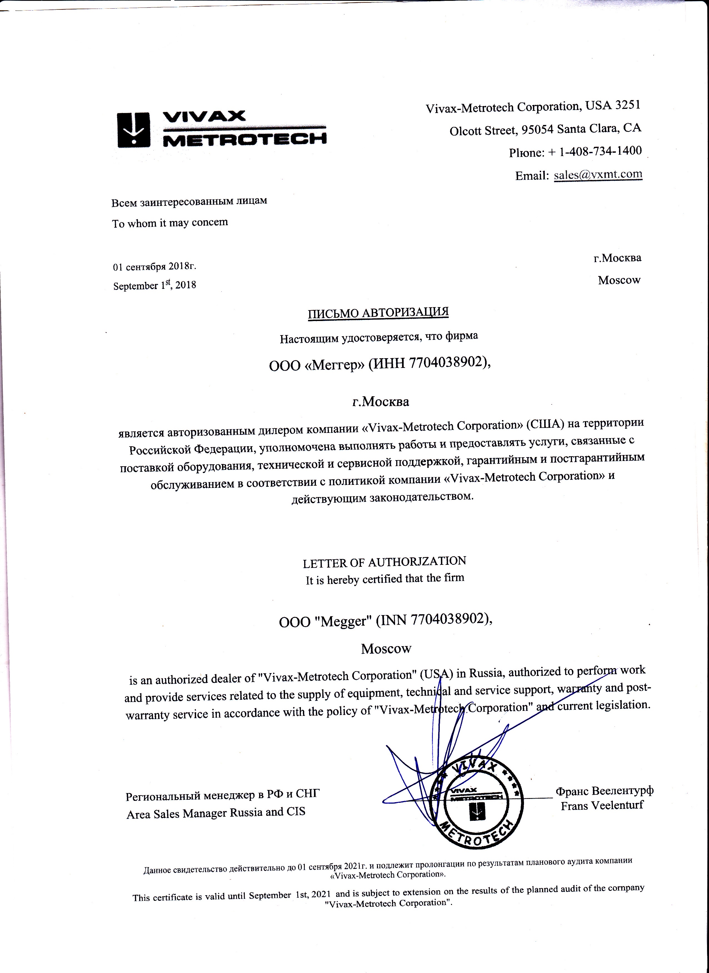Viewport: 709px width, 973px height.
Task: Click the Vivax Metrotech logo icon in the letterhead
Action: pyautogui.click(x=133, y=130)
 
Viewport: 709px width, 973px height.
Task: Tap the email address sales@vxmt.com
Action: pyautogui.click(x=598, y=175)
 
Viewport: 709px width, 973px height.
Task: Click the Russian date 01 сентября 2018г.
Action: pyautogui.click(x=154, y=266)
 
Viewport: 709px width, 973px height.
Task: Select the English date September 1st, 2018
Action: pyautogui.click(x=154, y=285)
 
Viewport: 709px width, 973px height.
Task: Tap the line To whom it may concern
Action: pyautogui.click(x=170, y=223)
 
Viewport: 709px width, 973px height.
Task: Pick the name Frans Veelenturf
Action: pyautogui.click(x=602, y=805)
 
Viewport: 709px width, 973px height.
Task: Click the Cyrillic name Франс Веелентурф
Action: pyautogui.click(x=604, y=790)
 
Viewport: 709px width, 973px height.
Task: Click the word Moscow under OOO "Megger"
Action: pyautogui.click(x=386, y=649)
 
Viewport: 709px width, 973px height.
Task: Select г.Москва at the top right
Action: pyautogui.click(x=617, y=258)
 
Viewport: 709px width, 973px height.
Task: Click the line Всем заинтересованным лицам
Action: pyautogui.click(x=189, y=201)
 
